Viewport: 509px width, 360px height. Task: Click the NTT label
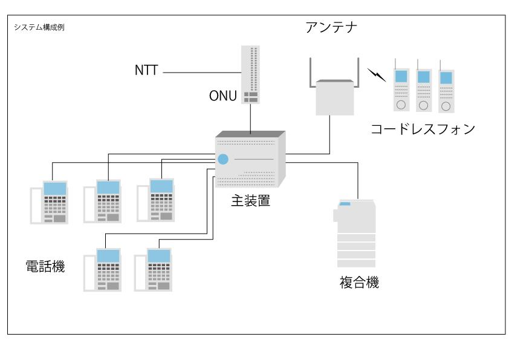click(146, 71)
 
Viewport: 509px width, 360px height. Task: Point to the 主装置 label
click(250, 200)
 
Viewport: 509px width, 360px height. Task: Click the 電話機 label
click(45, 266)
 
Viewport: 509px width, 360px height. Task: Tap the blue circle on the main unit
click(223, 160)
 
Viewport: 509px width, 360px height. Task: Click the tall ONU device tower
click(250, 74)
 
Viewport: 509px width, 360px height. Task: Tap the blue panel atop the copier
click(345, 205)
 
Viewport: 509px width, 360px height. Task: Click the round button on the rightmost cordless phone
click(446, 106)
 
